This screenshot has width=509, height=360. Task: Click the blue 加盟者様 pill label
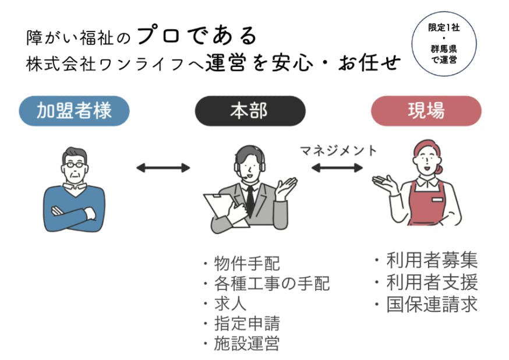74,111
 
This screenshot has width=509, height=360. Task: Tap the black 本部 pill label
250,111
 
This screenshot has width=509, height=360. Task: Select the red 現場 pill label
426,111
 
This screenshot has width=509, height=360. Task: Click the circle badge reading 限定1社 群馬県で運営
444,44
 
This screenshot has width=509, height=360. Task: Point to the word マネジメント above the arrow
338,151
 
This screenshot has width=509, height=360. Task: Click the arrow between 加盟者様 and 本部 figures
163,168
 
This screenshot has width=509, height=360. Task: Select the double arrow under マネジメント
337,168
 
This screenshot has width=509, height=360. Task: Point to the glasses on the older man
75,165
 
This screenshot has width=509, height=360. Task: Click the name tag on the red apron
437,199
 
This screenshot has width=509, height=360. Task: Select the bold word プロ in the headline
159,36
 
